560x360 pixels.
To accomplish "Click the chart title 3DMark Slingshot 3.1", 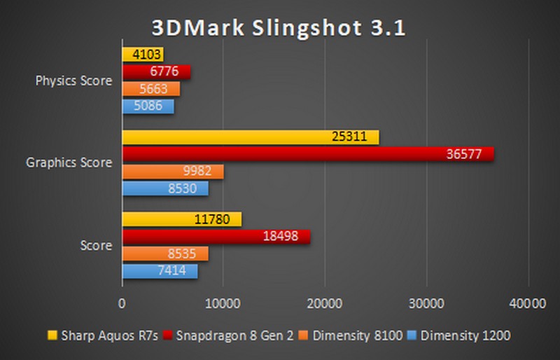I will [x=279, y=27].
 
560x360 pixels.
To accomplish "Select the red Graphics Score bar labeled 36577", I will [x=308, y=154].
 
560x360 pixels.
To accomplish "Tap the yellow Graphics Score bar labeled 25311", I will [x=251, y=137].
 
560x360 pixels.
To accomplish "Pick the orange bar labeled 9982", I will [x=173, y=172].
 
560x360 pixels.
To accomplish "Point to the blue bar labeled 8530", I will [x=165, y=188].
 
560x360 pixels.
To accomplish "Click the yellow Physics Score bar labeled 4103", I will [x=143, y=55].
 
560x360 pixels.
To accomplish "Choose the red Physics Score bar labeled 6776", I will [x=156, y=71].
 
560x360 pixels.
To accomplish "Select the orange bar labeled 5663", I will [x=150, y=89].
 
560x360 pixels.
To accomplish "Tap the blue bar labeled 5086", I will [x=148, y=106].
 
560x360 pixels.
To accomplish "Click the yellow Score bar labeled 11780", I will [x=182, y=219].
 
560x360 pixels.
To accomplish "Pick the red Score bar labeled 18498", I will [x=216, y=237].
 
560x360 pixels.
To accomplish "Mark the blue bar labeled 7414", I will [x=160, y=270].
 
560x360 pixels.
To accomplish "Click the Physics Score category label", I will [x=73, y=81].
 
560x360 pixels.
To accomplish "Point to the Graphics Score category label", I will [x=69, y=162].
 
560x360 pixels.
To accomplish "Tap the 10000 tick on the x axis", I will [x=223, y=303].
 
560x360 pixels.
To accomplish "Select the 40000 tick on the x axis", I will [x=526, y=303].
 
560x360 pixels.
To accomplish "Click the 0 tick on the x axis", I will [x=122, y=303].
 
